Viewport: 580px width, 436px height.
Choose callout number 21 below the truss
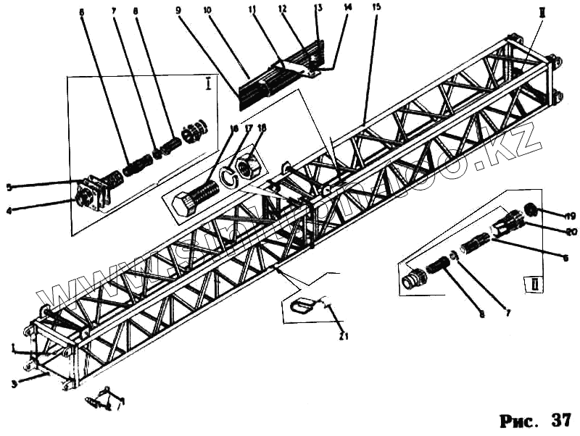344,336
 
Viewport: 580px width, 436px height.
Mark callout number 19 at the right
571,215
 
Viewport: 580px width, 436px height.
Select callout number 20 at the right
571,232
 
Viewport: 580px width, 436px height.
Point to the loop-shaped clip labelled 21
302,306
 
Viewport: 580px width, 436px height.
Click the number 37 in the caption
560,419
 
